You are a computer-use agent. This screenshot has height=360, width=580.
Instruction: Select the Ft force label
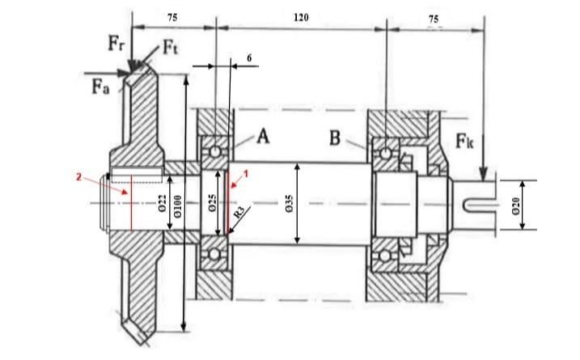(171, 48)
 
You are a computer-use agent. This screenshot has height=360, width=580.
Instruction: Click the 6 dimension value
(251, 59)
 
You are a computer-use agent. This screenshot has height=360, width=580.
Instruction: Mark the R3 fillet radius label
(239, 213)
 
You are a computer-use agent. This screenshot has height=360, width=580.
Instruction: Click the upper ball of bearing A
(214, 150)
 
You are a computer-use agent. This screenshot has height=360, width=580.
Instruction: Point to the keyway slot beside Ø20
(477, 204)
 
